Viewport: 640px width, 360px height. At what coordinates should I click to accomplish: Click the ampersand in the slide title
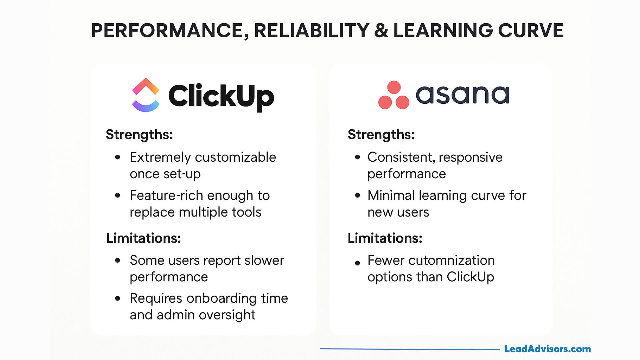click(x=381, y=31)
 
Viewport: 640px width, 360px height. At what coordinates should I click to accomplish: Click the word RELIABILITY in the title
click(x=312, y=31)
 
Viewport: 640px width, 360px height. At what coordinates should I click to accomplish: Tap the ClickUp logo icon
click(x=146, y=95)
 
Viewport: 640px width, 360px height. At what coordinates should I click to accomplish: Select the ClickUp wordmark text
click(x=221, y=96)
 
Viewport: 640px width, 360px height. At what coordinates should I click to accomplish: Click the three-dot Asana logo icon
click(x=394, y=95)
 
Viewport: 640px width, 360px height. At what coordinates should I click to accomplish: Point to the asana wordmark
click(x=463, y=95)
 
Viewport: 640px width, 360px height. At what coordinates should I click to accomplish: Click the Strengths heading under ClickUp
click(x=139, y=135)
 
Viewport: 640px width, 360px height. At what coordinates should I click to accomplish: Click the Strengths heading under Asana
click(x=381, y=135)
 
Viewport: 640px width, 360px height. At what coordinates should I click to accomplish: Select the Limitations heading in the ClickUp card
click(x=143, y=238)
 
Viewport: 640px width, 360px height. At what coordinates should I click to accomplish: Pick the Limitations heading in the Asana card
click(x=385, y=238)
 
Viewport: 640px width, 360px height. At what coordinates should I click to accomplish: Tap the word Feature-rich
click(x=166, y=195)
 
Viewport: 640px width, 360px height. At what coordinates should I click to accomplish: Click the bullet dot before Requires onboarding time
click(x=117, y=298)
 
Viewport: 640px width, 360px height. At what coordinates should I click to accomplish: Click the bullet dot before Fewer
click(x=358, y=263)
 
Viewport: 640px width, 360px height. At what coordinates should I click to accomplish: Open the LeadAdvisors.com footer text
click(x=547, y=349)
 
